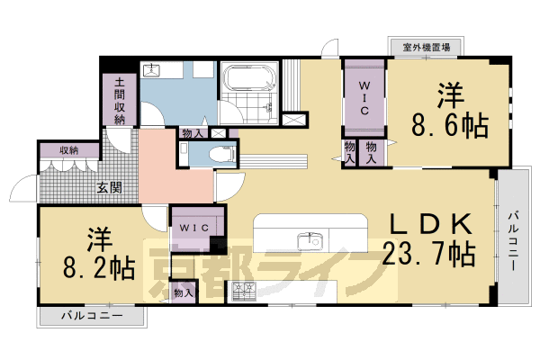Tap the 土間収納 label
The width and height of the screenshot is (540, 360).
click(x=119, y=100)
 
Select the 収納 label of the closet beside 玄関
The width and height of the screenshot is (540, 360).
click(x=68, y=150)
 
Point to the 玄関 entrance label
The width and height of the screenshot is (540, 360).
click(x=111, y=188)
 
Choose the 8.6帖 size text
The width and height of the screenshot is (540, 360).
click(x=451, y=125)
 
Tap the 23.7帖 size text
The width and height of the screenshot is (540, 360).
click(x=429, y=254)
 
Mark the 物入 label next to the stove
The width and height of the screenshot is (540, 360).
click(x=183, y=292)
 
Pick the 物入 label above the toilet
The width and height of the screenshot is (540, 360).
click(x=192, y=133)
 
